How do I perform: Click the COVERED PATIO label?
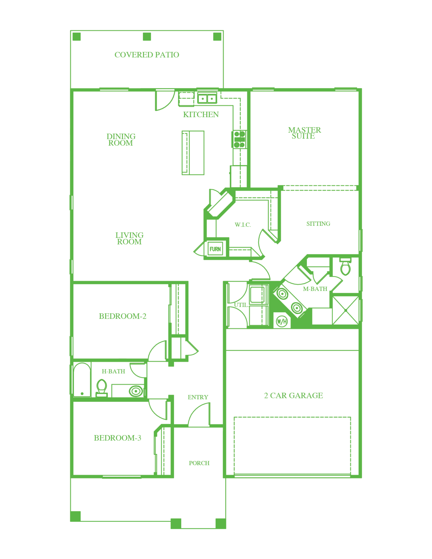(147, 55)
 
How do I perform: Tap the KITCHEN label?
(201, 114)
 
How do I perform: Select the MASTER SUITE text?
(304, 133)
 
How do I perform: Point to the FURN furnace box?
(215, 249)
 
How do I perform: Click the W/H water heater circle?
(282, 321)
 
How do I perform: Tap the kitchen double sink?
(207, 98)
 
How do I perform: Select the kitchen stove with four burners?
(239, 139)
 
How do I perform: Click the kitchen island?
(193, 153)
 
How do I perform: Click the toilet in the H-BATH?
(102, 388)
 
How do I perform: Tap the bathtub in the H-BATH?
(82, 380)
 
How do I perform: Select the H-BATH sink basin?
(136, 391)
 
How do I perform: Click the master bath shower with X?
(346, 310)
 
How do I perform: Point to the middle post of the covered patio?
(147, 37)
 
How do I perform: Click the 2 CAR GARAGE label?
(294, 395)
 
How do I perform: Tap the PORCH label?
(199, 463)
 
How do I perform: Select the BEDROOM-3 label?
(117, 438)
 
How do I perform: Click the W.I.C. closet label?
(243, 224)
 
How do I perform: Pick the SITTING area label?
(318, 224)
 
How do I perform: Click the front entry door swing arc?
(196, 409)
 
